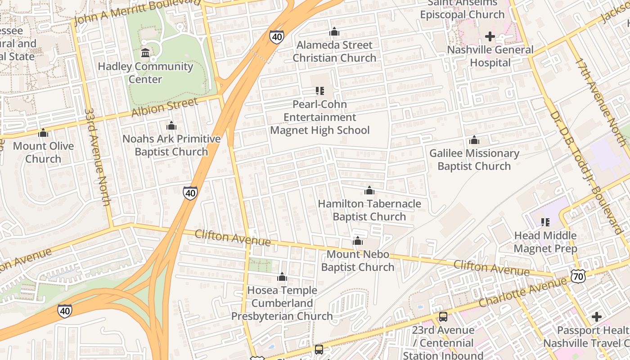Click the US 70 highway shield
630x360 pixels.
click(578, 276)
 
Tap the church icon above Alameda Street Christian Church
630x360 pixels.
click(334, 32)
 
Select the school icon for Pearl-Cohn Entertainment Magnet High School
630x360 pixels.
click(320, 91)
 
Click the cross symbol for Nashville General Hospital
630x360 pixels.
click(490, 36)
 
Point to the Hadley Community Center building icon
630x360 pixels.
click(145, 54)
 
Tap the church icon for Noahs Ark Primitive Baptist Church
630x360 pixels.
click(171, 126)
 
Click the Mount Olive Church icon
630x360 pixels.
click(43, 133)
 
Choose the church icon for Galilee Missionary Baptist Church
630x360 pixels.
click(474, 140)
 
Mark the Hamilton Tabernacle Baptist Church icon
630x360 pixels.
click(369, 191)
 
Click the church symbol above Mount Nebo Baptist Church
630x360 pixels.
click(358, 241)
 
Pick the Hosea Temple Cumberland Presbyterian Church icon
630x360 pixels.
click(282, 277)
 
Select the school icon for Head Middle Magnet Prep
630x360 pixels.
click(545, 222)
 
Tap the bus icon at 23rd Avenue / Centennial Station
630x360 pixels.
click(443, 317)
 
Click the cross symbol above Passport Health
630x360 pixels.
click(596, 317)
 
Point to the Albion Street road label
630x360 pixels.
click(164, 108)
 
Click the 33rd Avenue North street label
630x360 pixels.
click(97, 157)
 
